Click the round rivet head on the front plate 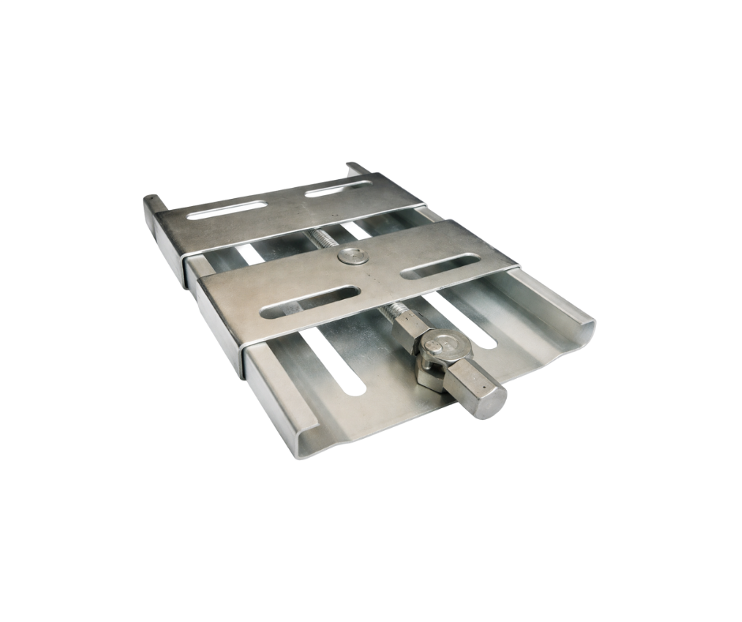pyautogui.click(x=350, y=256)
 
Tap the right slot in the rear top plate pyautogui.click(x=337, y=189)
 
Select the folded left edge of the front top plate pyautogui.click(x=218, y=332)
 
